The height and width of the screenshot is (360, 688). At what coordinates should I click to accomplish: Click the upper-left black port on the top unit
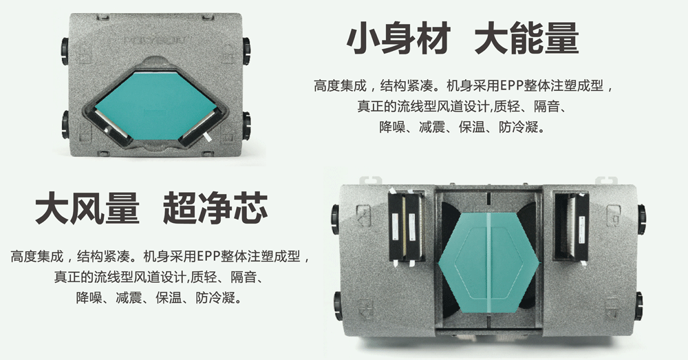coord(64,50)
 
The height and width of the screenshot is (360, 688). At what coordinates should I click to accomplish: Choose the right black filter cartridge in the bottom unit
coord(572,228)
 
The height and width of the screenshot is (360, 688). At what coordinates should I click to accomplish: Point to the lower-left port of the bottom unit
coord(336,305)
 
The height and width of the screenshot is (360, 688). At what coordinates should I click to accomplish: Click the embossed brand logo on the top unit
coord(153,41)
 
